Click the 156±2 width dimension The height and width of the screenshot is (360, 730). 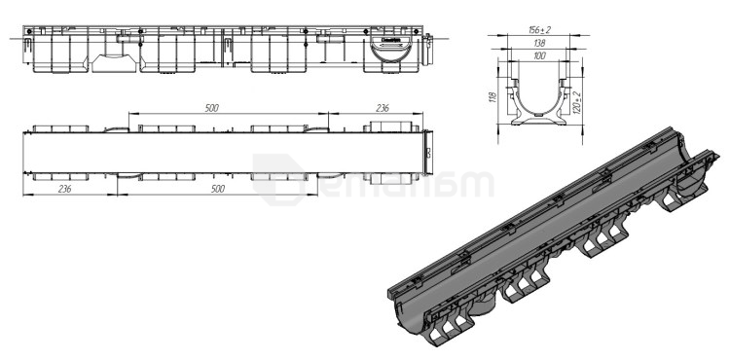537,31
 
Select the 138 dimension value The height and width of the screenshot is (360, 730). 537,44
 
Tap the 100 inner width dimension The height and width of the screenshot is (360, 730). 537,56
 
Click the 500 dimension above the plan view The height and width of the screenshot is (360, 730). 211,108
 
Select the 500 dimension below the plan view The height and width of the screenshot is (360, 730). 211,192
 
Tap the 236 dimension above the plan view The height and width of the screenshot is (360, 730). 384,108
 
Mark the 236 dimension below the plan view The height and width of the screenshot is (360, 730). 64,192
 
